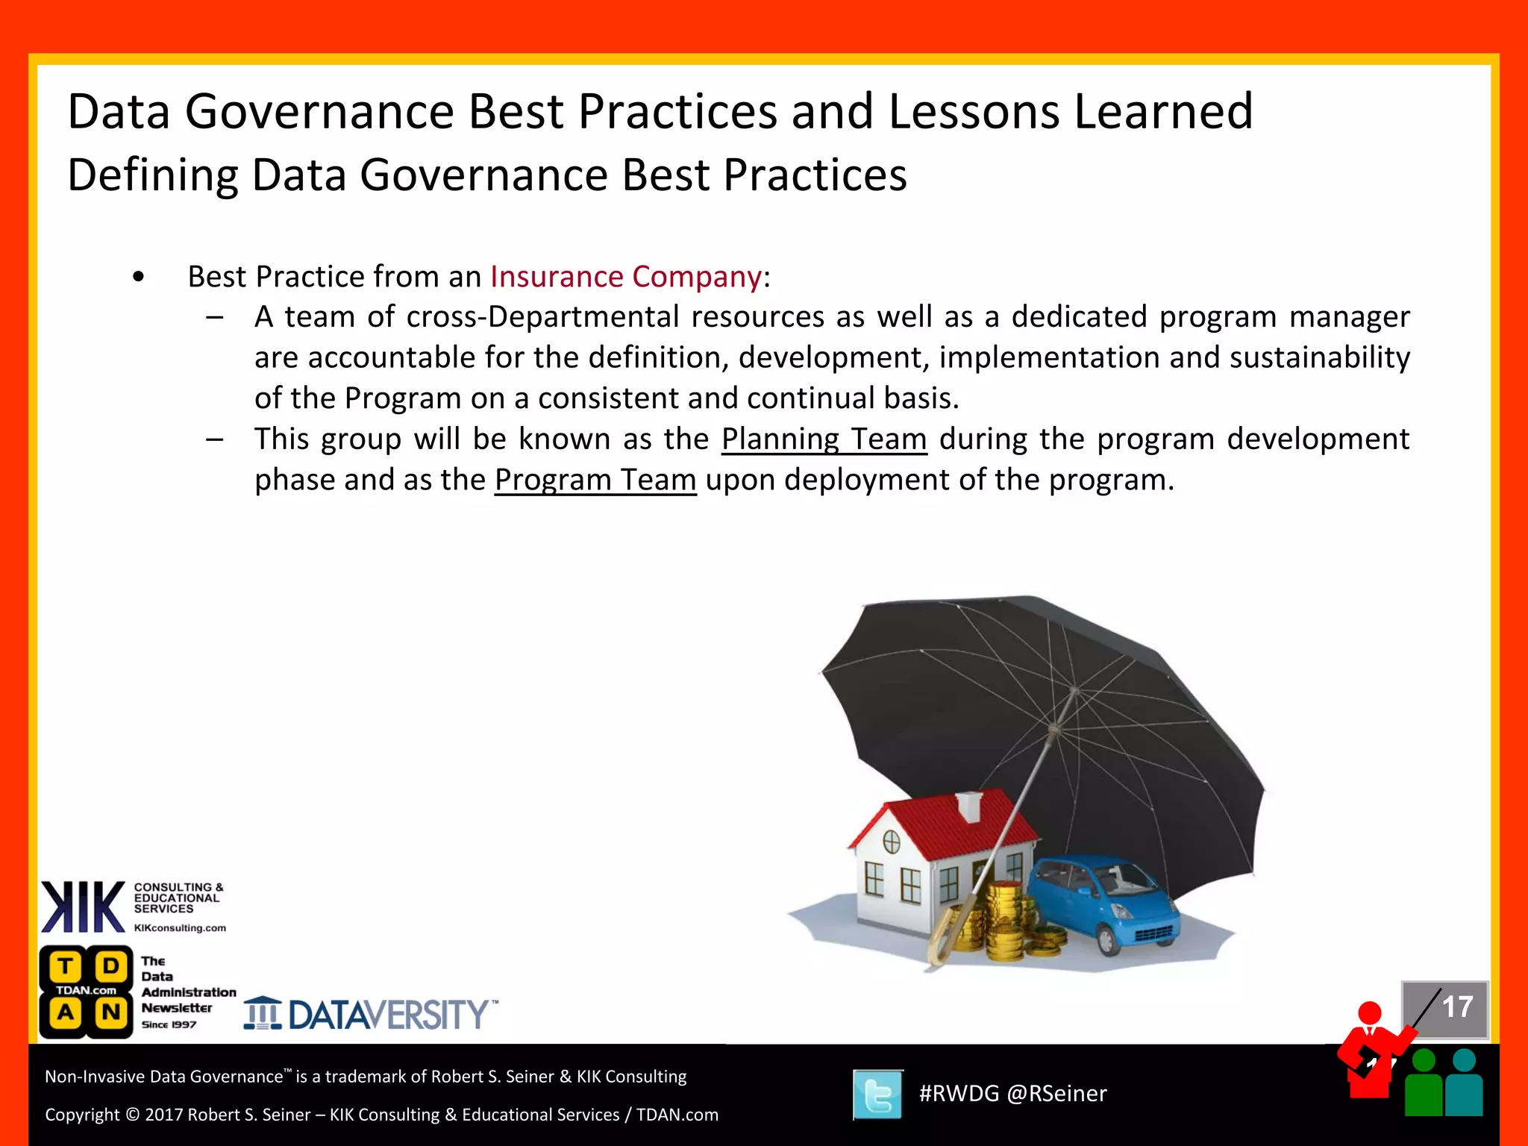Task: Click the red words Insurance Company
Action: (x=626, y=277)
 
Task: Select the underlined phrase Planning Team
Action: (x=824, y=439)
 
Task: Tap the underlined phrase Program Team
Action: (x=595, y=480)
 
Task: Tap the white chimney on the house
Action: (x=968, y=806)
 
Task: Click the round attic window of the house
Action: (x=892, y=842)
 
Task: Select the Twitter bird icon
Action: (x=878, y=1095)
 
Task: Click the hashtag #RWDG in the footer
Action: (x=958, y=1094)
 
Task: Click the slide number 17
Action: (x=1456, y=1007)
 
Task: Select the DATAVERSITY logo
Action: (x=372, y=1014)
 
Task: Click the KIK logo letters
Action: (x=82, y=907)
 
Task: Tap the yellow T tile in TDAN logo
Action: (x=66, y=966)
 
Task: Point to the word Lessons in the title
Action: (x=974, y=112)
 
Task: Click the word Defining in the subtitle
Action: (x=153, y=175)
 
